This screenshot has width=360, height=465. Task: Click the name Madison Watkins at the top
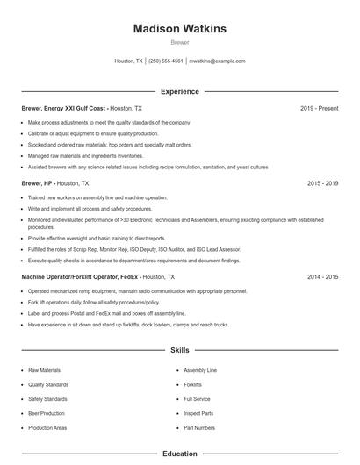click(179, 29)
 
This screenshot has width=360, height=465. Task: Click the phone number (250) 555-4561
click(166, 61)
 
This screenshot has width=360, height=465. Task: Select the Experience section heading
click(179, 91)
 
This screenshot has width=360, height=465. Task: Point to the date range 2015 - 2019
click(323, 184)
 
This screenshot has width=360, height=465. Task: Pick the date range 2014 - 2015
click(323, 276)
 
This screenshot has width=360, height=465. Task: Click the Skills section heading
click(179, 350)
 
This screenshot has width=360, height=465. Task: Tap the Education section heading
click(179, 454)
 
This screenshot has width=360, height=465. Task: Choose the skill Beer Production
click(47, 413)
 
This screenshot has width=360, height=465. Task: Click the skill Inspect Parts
click(198, 413)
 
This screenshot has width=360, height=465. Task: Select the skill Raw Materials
click(45, 370)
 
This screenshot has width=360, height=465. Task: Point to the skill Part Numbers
click(199, 427)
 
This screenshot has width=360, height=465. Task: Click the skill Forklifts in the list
click(193, 384)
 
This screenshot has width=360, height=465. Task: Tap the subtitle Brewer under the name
click(179, 42)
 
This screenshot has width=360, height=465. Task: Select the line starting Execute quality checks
click(133, 261)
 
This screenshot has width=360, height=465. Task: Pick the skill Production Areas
click(47, 427)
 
